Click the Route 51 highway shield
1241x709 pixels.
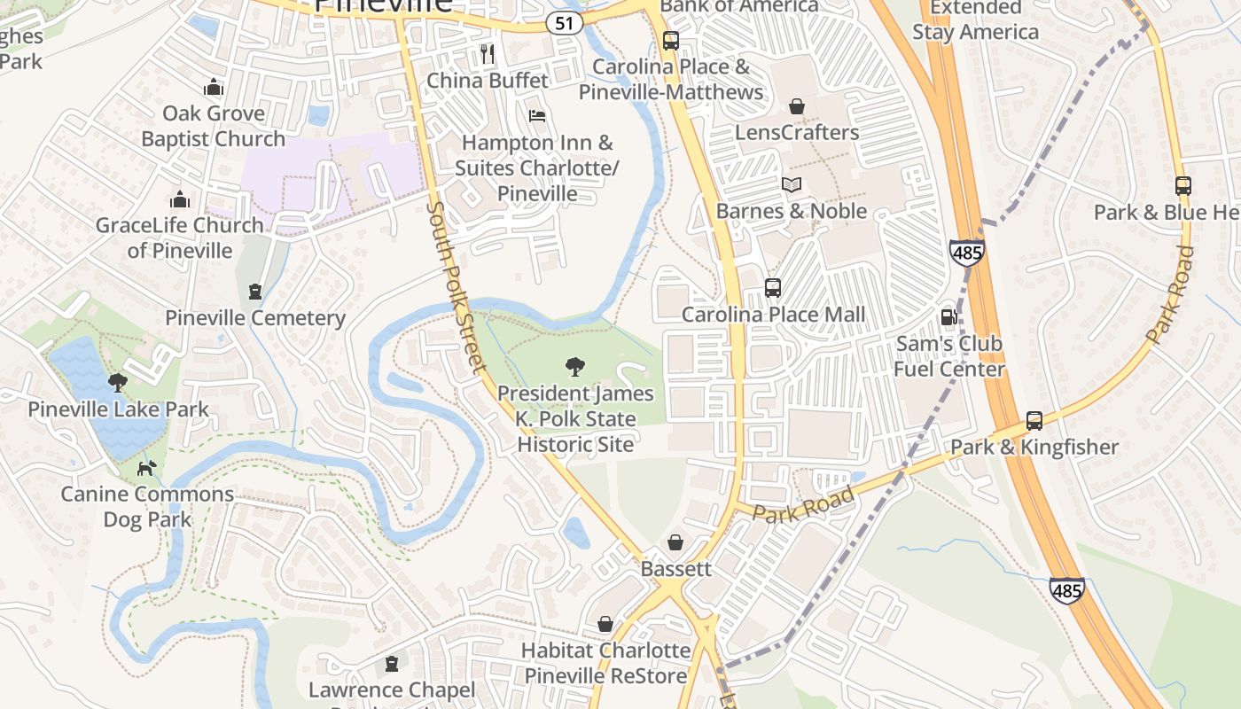pos(565,24)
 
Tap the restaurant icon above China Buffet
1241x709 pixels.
pos(487,53)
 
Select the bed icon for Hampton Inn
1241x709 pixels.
pos(536,116)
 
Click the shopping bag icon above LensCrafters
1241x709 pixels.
pos(797,106)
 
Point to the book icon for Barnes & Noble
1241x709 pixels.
pos(791,184)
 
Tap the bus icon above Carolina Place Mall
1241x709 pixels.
pos(772,288)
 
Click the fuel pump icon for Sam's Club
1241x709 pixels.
pos(948,317)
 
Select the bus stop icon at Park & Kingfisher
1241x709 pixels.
pos(1034,421)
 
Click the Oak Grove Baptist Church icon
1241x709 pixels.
pos(213,87)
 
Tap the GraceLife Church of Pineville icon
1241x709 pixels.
pos(180,199)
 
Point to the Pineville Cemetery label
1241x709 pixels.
pos(255,318)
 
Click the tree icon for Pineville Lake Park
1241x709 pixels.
pos(117,383)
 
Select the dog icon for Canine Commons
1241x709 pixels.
pos(147,468)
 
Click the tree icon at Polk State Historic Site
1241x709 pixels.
pos(574,367)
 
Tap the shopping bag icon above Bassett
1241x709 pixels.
pos(675,542)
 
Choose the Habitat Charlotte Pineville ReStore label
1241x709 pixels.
pos(605,663)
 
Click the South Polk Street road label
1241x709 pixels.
pos(457,287)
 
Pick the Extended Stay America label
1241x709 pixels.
pos(975,19)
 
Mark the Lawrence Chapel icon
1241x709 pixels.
pos(391,664)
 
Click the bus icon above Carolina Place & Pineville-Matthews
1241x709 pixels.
pos(670,40)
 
